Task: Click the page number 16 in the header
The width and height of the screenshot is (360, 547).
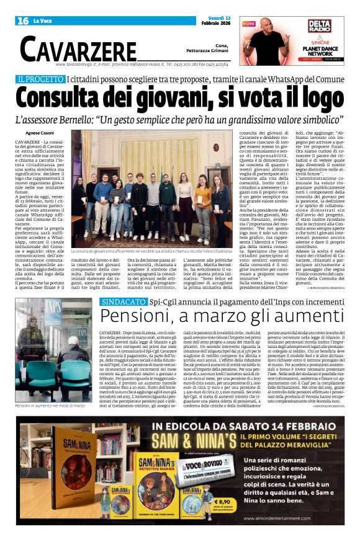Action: coord(23,20)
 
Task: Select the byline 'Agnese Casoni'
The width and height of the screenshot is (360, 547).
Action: coord(40,133)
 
